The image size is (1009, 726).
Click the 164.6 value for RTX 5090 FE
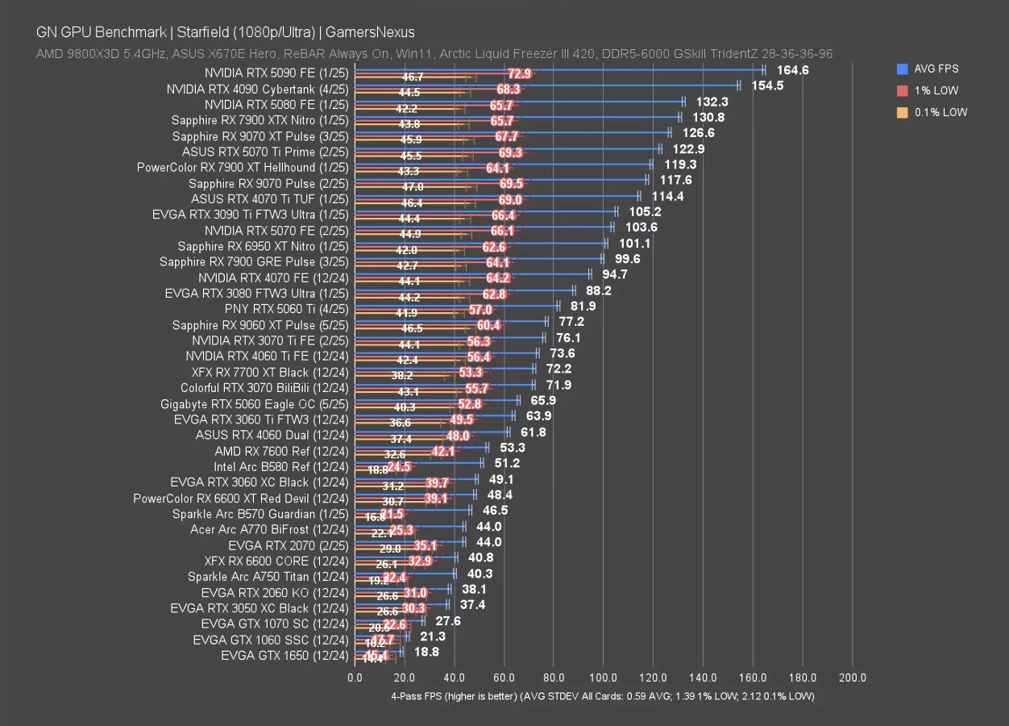click(x=792, y=70)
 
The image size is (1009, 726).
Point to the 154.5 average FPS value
click(x=767, y=86)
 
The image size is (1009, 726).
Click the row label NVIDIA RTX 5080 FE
click(x=276, y=104)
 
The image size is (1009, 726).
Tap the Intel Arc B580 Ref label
click(x=281, y=466)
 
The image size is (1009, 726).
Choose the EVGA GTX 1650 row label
click(x=284, y=655)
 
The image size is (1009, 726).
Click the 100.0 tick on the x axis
click(x=604, y=678)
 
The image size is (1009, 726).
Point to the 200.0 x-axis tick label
click(x=853, y=678)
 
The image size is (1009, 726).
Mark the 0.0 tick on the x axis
click(x=355, y=678)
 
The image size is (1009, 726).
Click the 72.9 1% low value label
click(x=519, y=73)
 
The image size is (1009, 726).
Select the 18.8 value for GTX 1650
click(x=426, y=652)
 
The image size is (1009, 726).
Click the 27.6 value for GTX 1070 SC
click(x=448, y=620)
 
